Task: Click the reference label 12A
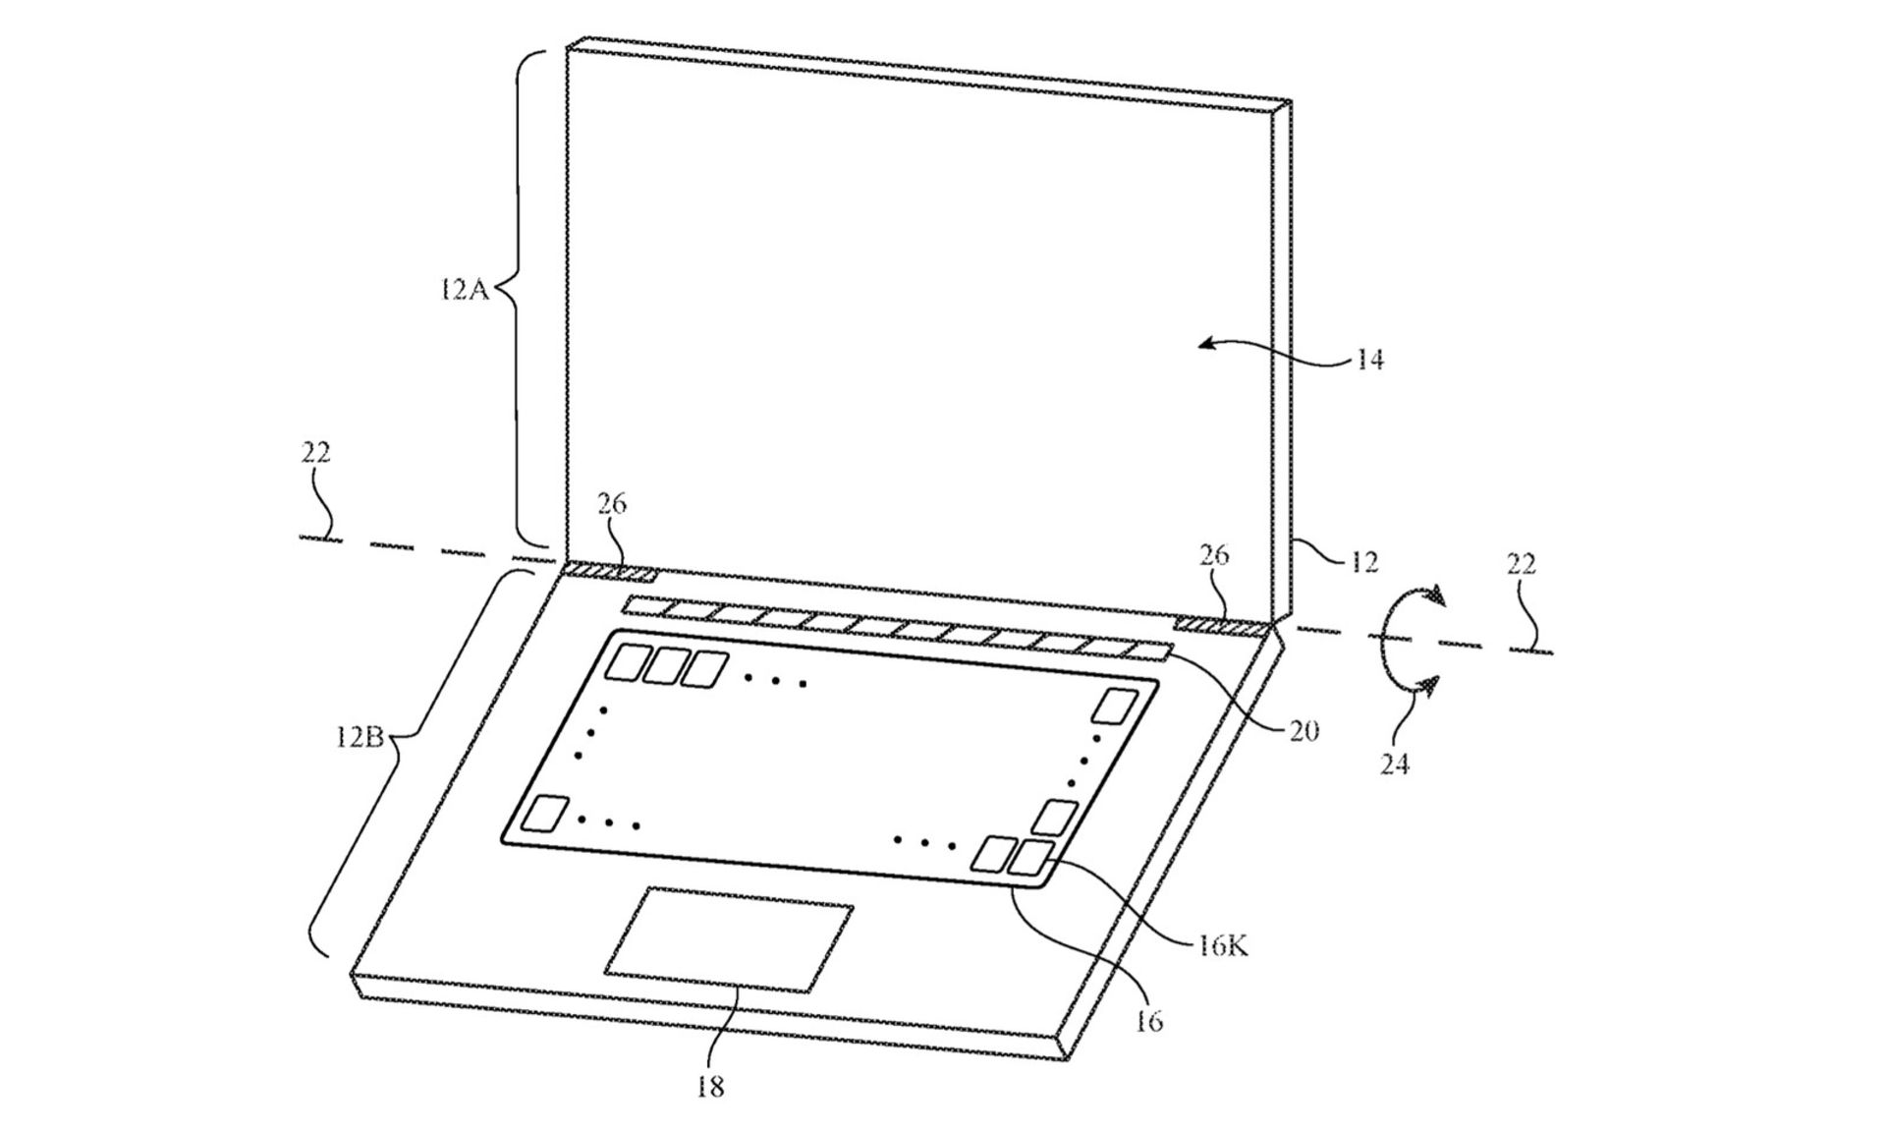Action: pos(464,290)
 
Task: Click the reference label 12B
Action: pos(359,736)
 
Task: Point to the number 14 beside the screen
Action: pos(1370,361)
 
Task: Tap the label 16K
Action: pos(1223,947)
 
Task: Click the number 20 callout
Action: pos(1303,730)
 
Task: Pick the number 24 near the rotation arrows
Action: pos(1395,764)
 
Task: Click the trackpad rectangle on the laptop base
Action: pos(728,938)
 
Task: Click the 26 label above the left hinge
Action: pos(611,503)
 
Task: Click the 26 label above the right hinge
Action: pos(1214,555)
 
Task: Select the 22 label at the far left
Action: pos(315,452)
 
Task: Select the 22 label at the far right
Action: pos(1521,564)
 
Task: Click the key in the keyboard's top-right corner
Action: pos(1117,707)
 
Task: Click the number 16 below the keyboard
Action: pos(1149,1021)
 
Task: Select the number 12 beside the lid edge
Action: pos(1363,562)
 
